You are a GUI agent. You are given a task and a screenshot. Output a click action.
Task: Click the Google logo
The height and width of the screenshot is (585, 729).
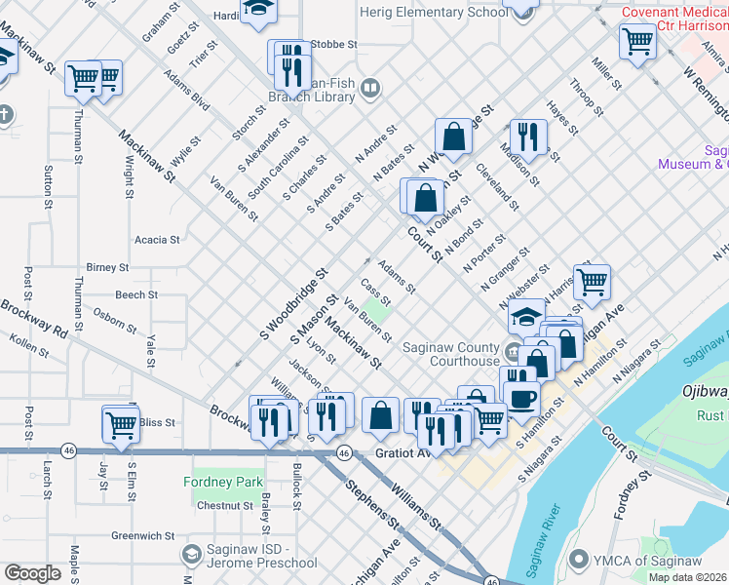[x=32, y=573]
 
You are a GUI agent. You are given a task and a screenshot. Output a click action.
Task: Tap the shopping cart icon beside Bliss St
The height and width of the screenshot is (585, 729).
[x=121, y=424]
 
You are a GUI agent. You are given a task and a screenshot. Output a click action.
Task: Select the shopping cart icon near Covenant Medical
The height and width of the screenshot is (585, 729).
[x=636, y=41]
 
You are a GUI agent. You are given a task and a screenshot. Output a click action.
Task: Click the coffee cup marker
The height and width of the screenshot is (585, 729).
[x=521, y=398]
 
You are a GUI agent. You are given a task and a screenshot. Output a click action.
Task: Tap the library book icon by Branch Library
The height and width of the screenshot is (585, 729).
[x=370, y=91]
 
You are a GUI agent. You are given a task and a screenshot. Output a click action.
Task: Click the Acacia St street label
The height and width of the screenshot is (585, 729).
[x=157, y=239]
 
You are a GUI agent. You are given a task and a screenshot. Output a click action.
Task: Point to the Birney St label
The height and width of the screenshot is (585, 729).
[x=107, y=266]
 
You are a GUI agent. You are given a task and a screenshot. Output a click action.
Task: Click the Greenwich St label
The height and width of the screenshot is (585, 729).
[x=141, y=535]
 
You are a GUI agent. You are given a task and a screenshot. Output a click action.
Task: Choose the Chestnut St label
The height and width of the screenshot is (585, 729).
[x=225, y=506]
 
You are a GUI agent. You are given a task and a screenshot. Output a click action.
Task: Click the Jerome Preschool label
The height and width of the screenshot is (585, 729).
[x=263, y=563]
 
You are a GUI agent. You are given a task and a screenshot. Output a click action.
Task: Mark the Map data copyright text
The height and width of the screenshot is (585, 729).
[x=687, y=577]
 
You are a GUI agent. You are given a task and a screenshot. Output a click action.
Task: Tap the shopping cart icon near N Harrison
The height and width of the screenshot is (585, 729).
[x=591, y=283]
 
